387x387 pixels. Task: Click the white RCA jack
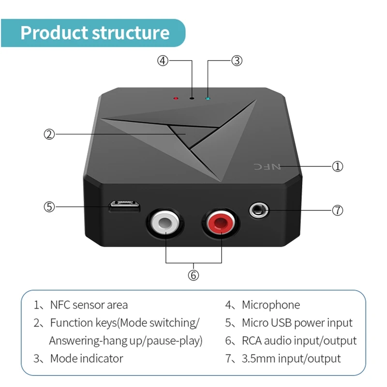165,223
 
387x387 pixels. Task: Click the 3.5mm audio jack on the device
258,210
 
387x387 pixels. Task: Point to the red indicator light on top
176,99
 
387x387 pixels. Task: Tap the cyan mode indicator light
208,99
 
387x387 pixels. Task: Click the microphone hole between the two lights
192,99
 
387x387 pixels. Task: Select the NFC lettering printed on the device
268,166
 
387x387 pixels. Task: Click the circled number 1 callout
337,166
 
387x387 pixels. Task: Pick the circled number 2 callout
49,134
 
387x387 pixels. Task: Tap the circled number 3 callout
237,61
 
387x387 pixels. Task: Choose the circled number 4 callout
163,61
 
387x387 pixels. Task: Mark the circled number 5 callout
49,207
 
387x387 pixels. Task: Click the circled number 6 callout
193,275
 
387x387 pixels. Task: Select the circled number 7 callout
337,210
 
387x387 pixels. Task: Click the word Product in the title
54,33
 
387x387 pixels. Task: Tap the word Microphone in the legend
271,305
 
